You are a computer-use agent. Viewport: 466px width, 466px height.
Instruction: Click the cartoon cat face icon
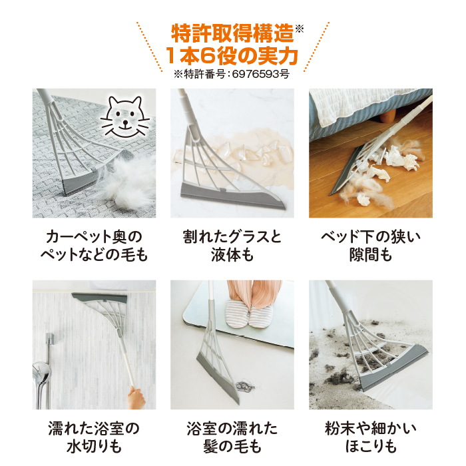[127, 117]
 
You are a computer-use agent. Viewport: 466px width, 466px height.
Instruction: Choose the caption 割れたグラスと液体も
[232, 246]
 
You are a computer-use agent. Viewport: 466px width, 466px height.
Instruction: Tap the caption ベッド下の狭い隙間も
[370, 246]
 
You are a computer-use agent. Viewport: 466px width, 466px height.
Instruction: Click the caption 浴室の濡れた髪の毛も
[232, 437]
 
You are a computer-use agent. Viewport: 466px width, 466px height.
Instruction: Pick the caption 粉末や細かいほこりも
[370, 437]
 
